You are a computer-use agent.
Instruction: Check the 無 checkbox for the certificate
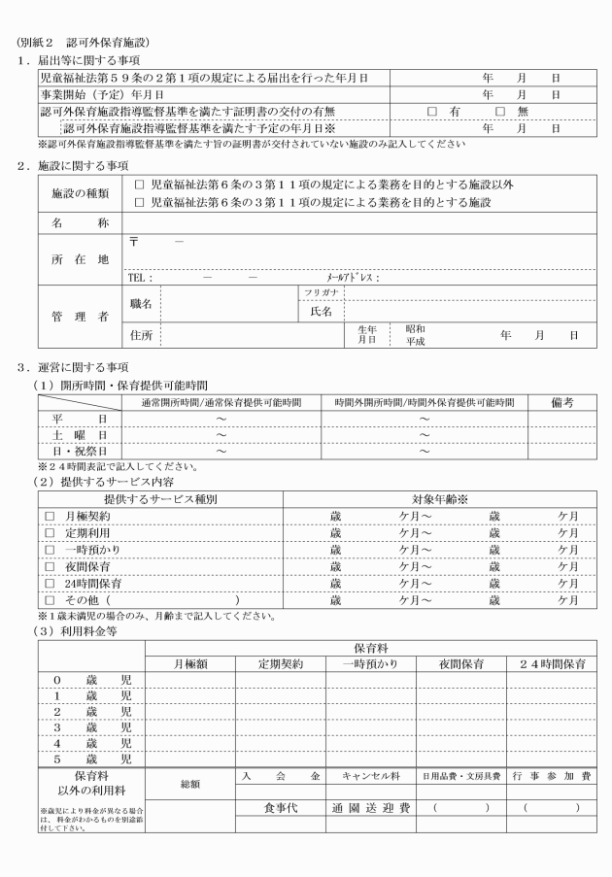tap(500, 112)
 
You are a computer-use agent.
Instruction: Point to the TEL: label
tap(140, 277)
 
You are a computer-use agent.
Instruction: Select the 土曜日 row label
tap(79, 434)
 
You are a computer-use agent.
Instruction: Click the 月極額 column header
tap(190, 665)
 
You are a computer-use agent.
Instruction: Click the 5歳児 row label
tap(82, 759)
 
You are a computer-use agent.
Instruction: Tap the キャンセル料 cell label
tap(370, 779)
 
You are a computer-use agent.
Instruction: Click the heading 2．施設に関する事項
tap(72, 165)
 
